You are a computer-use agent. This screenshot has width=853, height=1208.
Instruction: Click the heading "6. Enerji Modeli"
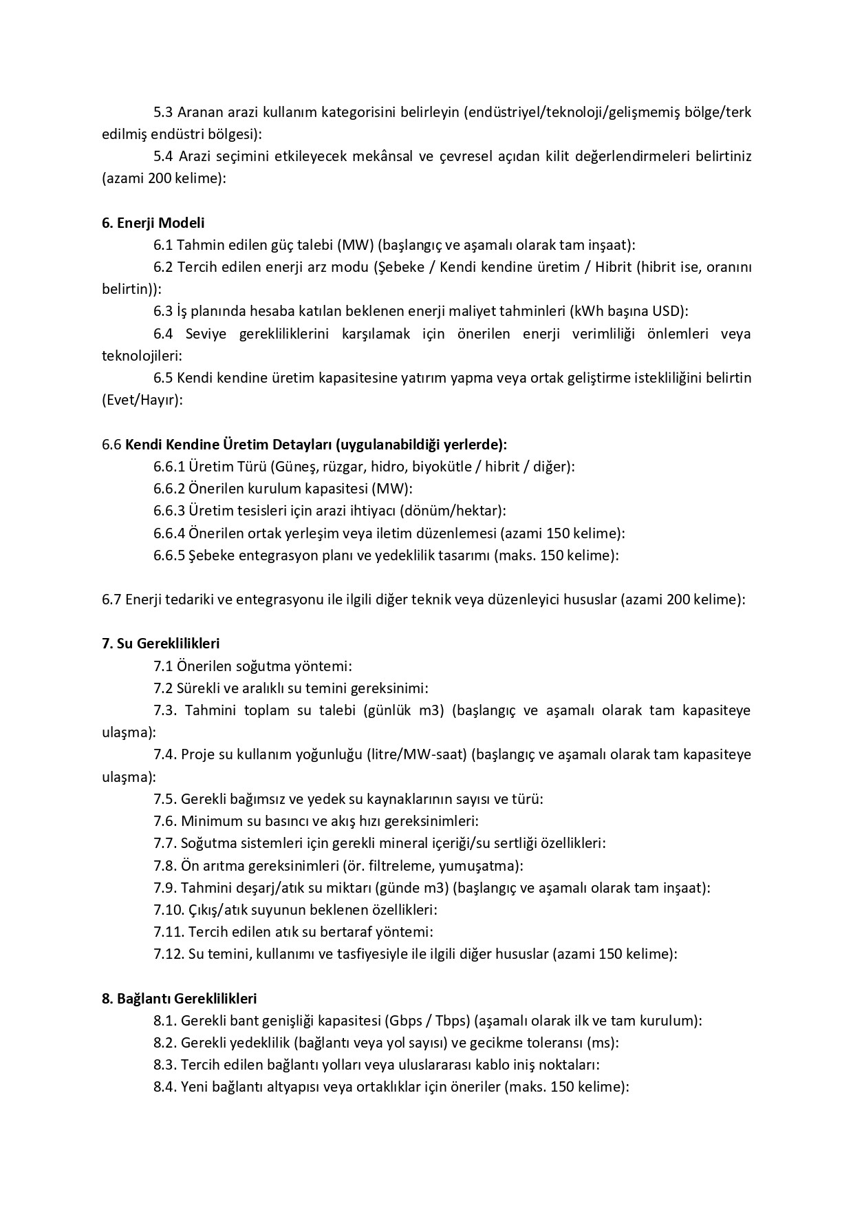coord(153,223)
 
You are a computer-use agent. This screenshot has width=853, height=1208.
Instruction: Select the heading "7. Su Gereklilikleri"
coord(160,644)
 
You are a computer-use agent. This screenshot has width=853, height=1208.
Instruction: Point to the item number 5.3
coord(163,112)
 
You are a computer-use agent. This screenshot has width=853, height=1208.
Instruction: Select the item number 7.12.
coord(169,954)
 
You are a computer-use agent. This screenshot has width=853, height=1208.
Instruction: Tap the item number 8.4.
coord(165,1087)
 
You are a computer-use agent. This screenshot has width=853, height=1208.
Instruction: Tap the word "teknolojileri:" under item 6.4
coord(142,356)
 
